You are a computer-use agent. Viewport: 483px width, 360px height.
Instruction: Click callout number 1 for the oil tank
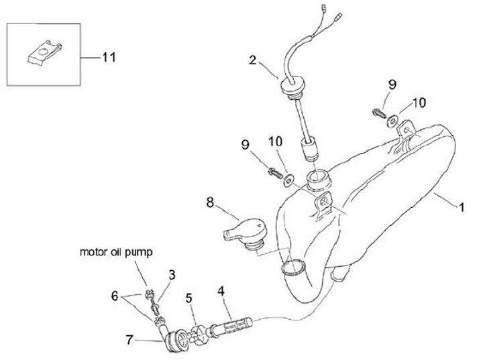(461, 208)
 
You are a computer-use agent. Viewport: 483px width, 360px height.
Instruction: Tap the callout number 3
(172, 274)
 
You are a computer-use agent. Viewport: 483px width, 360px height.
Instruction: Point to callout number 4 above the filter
(220, 291)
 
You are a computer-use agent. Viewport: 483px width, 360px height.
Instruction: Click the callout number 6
(115, 295)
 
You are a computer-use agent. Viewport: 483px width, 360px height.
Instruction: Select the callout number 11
(109, 57)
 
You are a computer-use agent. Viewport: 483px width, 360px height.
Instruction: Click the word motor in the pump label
(95, 253)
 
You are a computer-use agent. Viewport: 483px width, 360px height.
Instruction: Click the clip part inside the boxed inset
(43, 52)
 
